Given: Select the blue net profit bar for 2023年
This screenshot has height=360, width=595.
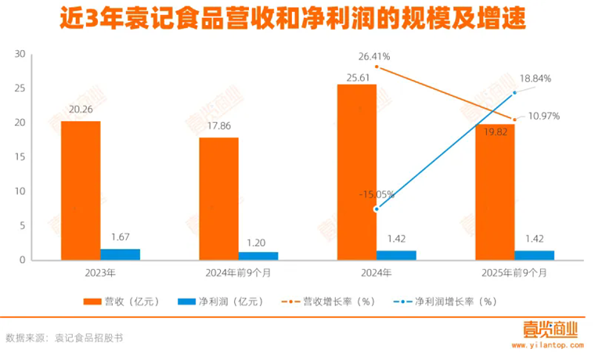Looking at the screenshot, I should (120, 254).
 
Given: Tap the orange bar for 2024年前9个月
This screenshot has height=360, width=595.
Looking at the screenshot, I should (218, 199).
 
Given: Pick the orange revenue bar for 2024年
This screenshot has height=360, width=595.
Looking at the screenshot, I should (356, 172).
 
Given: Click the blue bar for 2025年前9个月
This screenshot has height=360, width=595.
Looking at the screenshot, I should (534, 255).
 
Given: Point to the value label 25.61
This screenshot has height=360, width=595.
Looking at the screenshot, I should (356, 75).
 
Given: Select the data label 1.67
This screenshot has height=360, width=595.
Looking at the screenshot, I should (120, 237).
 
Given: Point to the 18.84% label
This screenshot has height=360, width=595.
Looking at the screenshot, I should (535, 78).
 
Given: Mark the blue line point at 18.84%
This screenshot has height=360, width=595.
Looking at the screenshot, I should (515, 93).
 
